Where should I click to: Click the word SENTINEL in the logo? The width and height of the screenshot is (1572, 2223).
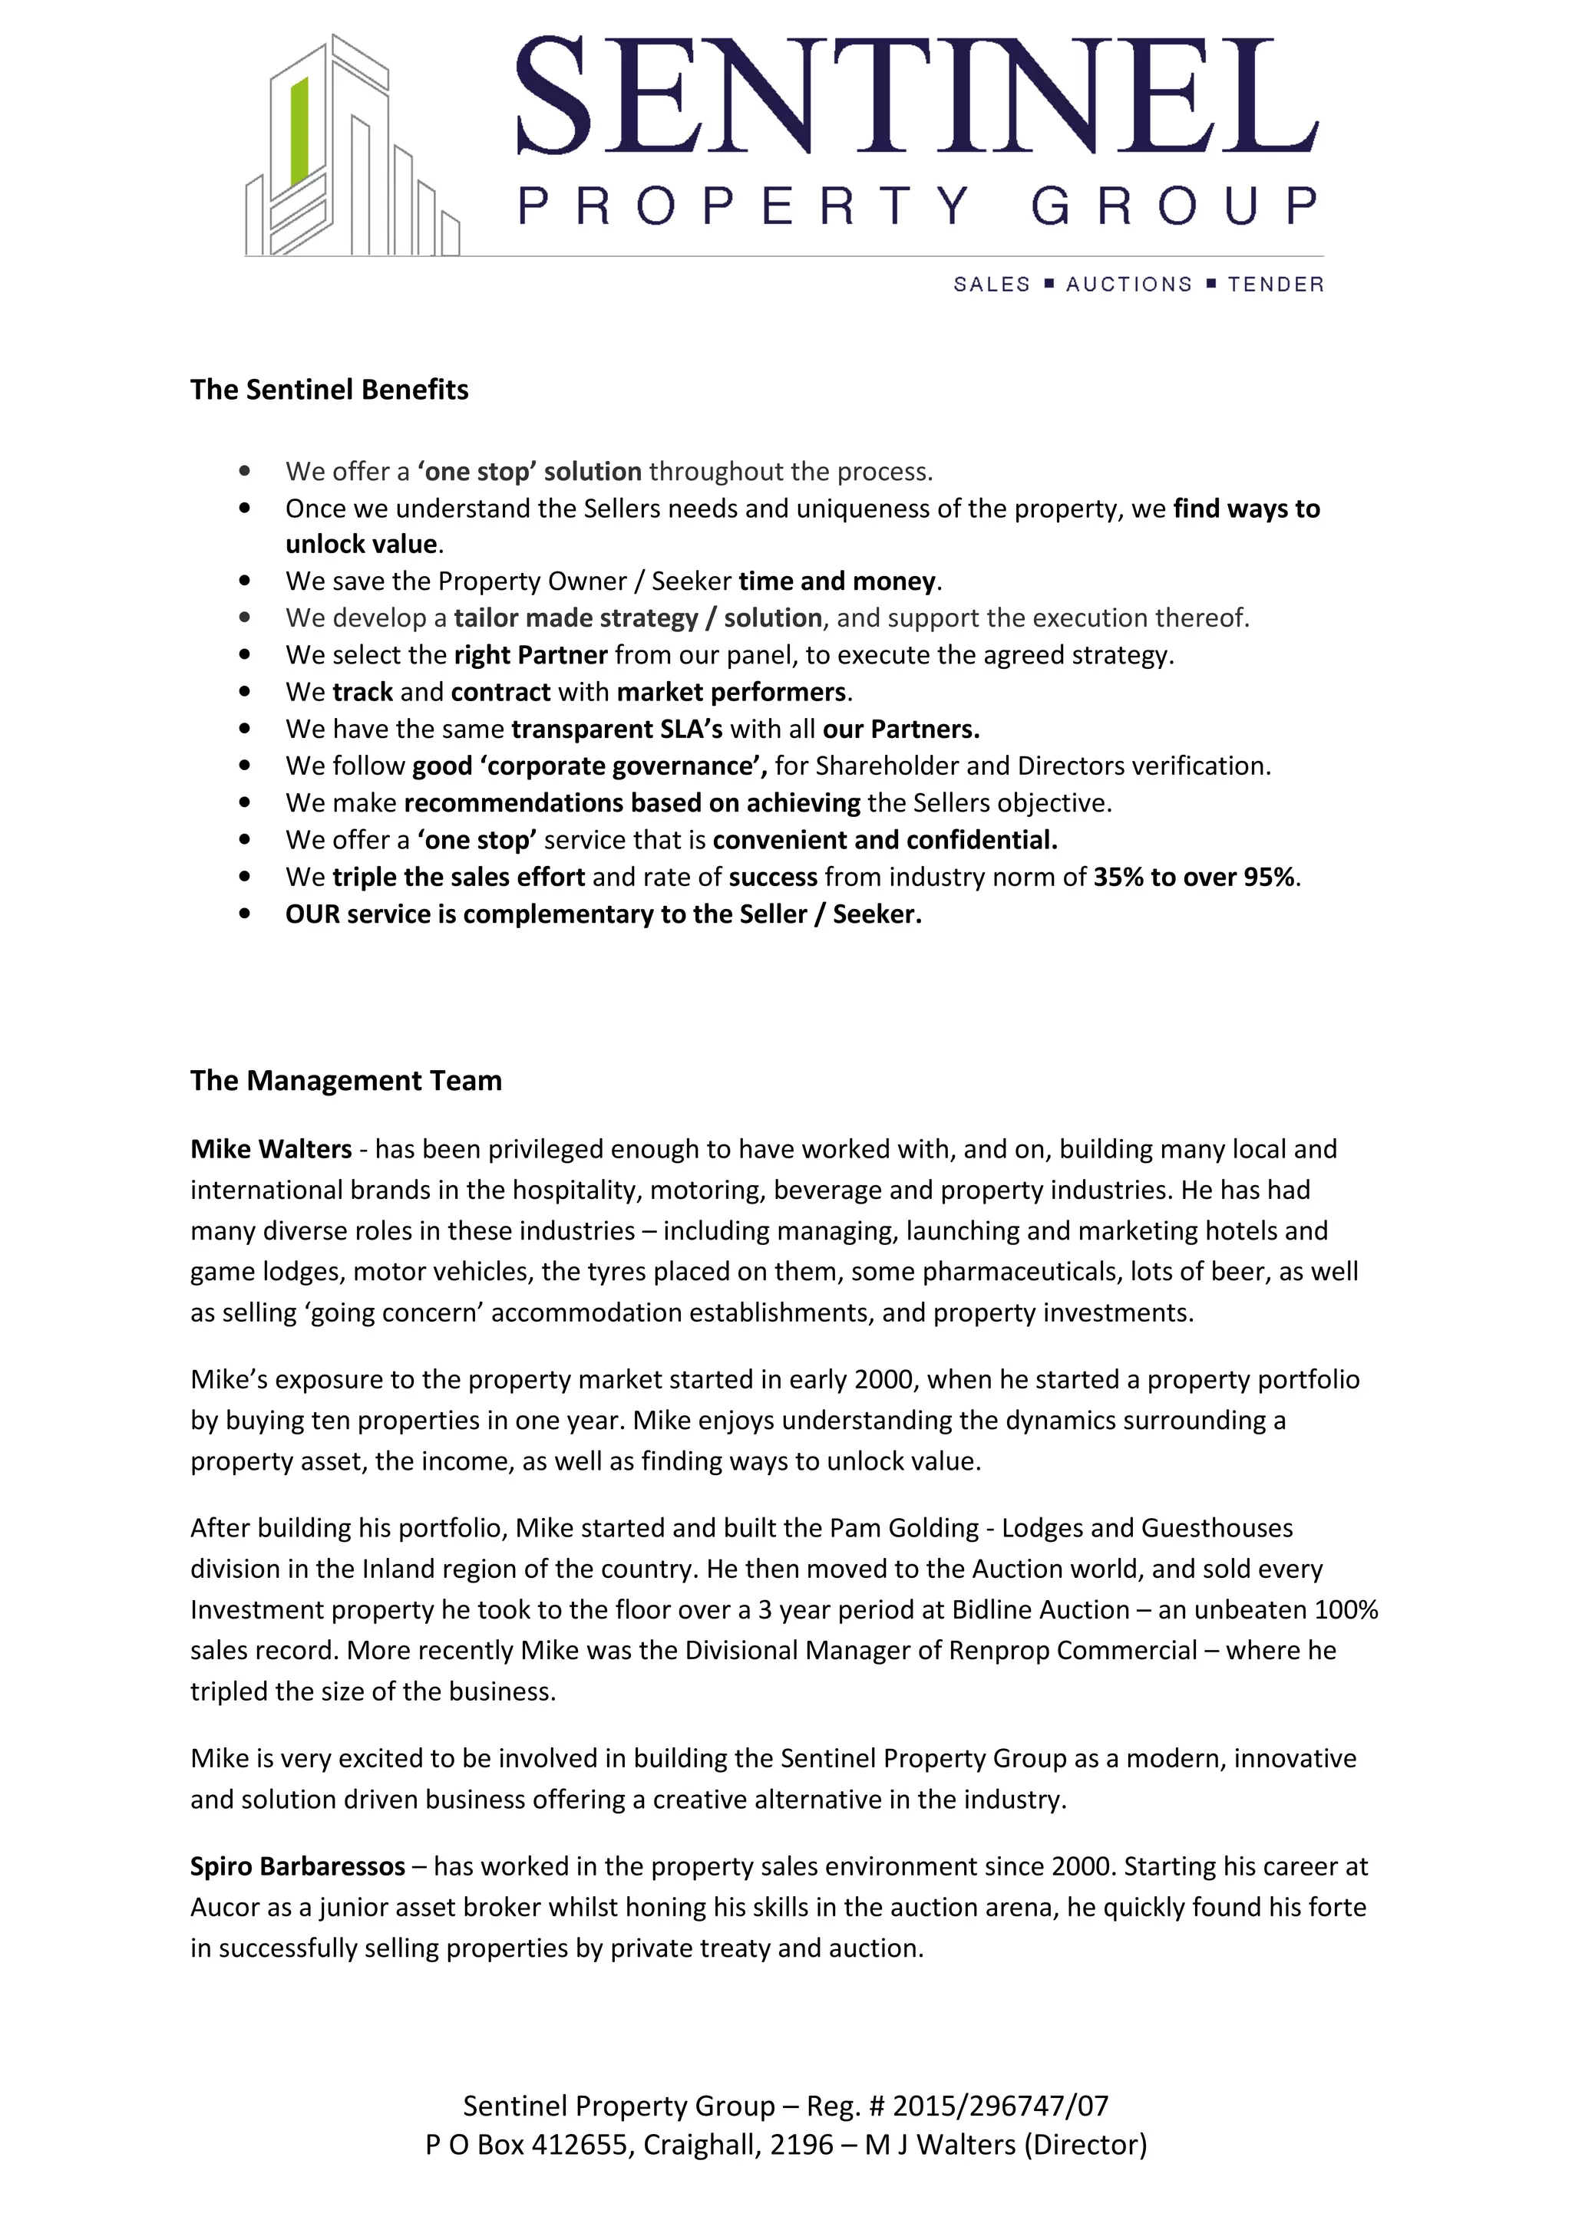pyautogui.click(x=916, y=97)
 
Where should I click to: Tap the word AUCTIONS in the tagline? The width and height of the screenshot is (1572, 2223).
pyautogui.click(x=1128, y=285)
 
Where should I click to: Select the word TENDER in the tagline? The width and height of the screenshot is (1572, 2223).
pyautogui.click(x=1275, y=285)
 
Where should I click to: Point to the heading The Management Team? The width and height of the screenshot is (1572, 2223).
pyautogui.click(x=345, y=1081)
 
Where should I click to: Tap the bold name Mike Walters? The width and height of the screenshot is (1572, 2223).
pyautogui.click(x=271, y=1149)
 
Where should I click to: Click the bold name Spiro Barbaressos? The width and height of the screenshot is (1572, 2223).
pyautogui.click(x=297, y=1867)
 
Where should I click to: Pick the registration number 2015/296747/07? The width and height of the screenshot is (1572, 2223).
pyautogui.click(x=1001, y=2106)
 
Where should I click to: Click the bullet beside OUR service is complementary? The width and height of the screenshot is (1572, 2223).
pyautogui.click(x=244, y=914)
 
